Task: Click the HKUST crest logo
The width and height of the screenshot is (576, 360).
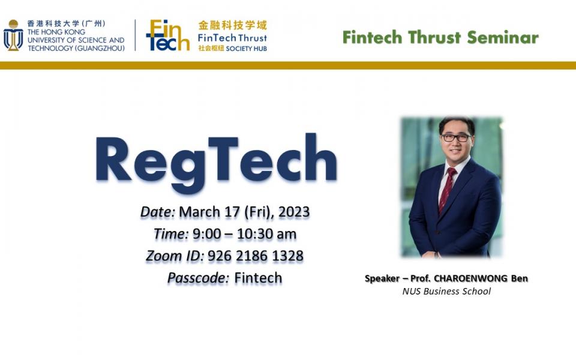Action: click(x=13, y=35)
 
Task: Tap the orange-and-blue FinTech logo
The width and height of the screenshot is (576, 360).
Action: click(x=167, y=35)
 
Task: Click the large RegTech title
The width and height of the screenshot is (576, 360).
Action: click(x=215, y=160)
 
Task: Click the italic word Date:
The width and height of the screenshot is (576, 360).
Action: click(x=158, y=212)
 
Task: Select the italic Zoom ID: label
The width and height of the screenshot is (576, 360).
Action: click(x=175, y=256)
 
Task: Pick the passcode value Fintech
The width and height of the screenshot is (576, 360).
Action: click(x=258, y=278)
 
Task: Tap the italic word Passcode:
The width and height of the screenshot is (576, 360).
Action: click(x=199, y=278)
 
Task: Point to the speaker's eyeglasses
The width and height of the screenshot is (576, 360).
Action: click(x=455, y=137)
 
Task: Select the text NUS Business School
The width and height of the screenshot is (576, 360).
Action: click(x=446, y=292)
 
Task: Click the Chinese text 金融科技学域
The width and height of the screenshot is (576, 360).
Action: click(x=233, y=25)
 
